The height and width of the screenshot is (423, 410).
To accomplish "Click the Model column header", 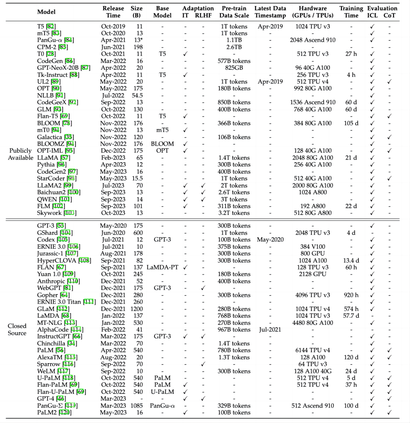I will tap(46, 12).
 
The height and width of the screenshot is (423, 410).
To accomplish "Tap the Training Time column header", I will tap(351, 12).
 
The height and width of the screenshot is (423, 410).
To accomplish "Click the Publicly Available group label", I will tap(20, 154).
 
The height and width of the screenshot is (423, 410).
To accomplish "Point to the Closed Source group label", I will tap(17, 329).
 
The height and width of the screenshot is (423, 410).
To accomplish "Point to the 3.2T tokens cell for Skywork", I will tap(234, 213).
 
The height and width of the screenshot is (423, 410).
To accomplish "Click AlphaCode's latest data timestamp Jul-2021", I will tap(270, 329).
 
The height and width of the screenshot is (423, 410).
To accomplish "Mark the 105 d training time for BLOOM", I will tap(351, 123).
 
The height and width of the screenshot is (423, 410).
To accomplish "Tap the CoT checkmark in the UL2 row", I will tap(390, 81).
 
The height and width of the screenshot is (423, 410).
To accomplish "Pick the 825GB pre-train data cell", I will tap(234, 67).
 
